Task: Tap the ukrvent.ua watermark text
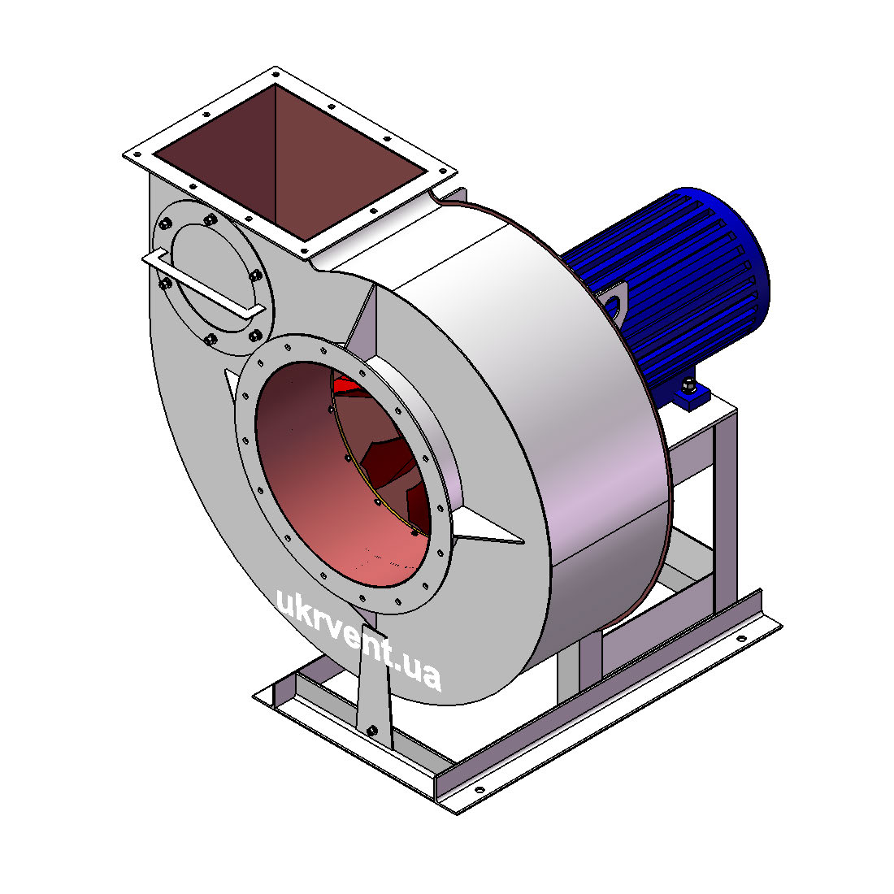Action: pyautogui.click(x=358, y=638)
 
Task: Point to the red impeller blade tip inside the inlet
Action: pyautogui.click(x=349, y=384)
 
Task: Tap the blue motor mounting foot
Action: pyautogui.click(x=692, y=393)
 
